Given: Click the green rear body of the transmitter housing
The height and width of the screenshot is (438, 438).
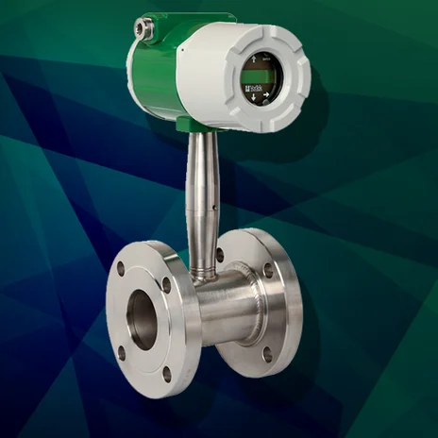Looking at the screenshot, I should coord(156,71).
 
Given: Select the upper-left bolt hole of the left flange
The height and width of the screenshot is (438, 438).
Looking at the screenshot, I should coord(120,268).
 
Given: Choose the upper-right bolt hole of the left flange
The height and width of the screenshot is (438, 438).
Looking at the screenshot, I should coord(166,282).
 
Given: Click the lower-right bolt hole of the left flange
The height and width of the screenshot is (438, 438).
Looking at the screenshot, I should coord(168,373).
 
